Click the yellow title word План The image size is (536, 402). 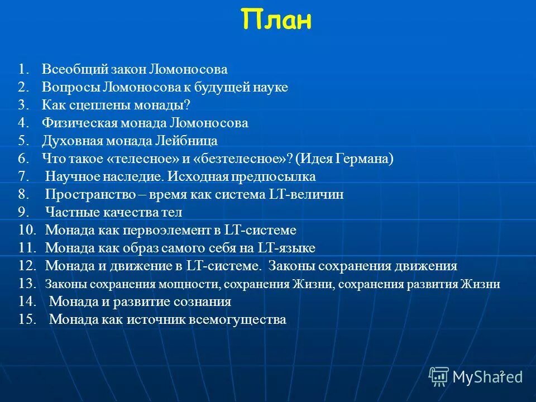tap(277, 21)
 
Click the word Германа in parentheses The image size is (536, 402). tap(364, 159)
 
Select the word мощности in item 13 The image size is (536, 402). tap(188, 284)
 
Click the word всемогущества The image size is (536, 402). tap(237, 320)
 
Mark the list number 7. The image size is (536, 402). tap(23, 177)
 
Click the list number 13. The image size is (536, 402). tap(26, 284)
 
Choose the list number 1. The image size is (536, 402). tap(23, 70)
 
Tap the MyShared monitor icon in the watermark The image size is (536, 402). tap(438, 376)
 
